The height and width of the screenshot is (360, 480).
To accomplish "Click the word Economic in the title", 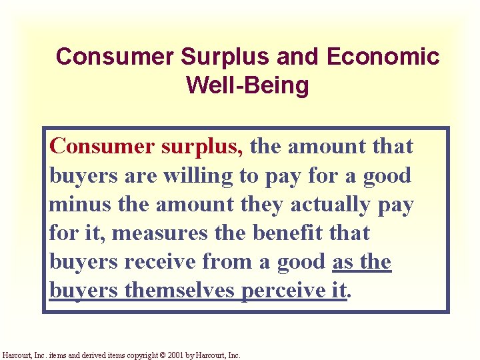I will click(383, 57).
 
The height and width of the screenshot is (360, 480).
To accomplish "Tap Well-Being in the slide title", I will click(248, 85).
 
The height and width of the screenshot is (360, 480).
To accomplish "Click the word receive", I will click(158, 262).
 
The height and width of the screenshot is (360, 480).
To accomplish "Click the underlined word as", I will click(343, 262).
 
